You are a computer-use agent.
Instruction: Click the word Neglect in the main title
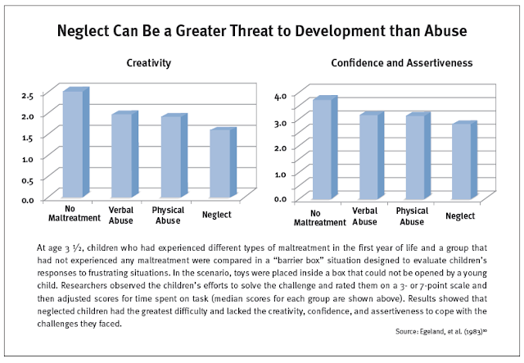click(84, 31)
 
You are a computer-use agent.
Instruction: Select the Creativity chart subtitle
click(149, 63)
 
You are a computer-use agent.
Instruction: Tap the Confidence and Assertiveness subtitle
click(402, 63)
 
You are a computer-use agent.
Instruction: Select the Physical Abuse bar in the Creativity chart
click(174, 156)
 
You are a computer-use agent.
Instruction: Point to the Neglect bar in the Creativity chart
click(224, 162)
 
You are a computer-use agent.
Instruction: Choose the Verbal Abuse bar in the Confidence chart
click(371, 156)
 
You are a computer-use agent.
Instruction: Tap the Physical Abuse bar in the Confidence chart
click(418, 157)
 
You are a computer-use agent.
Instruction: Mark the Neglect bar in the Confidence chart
click(464, 161)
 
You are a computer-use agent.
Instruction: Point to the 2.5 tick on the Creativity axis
click(28, 96)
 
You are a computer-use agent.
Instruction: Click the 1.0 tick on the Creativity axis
click(28, 159)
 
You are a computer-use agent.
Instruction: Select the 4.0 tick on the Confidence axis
click(280, 97)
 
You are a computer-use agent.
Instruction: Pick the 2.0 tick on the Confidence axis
click(280, 148)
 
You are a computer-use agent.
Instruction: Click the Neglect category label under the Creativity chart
click(216, 215)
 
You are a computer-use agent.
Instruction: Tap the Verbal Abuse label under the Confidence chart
click(364, 216)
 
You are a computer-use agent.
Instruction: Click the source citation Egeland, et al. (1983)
click(441, 332)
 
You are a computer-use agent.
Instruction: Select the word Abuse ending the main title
click(445, 31)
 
